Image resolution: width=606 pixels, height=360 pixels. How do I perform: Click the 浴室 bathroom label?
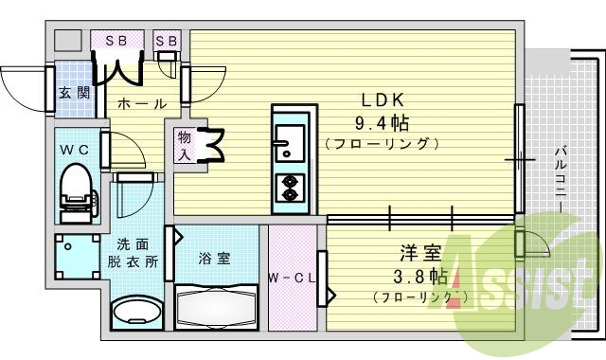(214, 258)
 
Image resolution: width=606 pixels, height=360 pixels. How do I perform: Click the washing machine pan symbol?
(74, 256)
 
